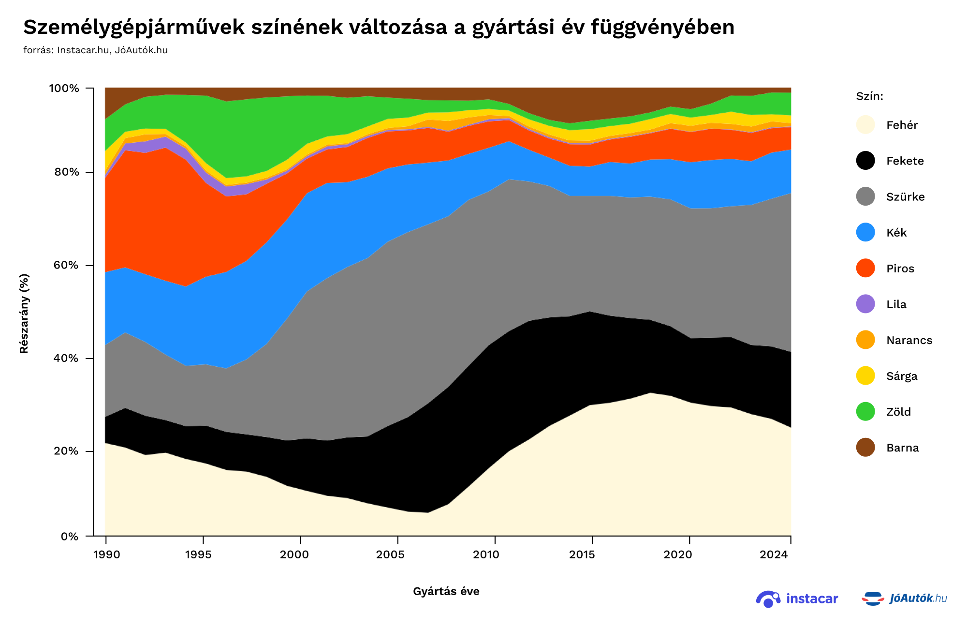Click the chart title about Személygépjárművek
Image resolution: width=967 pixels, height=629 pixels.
379,28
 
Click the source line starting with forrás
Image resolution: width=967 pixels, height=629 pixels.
95,50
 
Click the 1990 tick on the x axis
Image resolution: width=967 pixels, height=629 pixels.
106,554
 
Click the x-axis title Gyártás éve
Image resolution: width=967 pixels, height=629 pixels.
446,591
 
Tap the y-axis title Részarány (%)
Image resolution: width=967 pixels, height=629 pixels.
24,314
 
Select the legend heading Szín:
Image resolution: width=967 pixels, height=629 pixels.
869,96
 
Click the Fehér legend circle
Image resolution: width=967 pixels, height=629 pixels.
865,125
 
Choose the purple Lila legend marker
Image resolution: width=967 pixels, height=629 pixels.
865,304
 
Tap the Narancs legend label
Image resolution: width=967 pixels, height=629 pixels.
909,340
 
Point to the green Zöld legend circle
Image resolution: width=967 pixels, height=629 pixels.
865,412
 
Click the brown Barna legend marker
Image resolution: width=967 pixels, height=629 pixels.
865,448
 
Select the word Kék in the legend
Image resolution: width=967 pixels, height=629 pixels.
896,233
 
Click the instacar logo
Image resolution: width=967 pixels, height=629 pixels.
797,599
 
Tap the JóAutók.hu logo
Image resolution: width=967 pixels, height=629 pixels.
904,599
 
